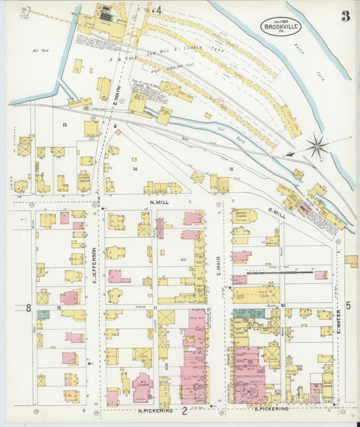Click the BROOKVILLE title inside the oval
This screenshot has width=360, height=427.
click(280, 27)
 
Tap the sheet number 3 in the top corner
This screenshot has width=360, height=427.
click(345, 16)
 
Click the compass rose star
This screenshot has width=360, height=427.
click(317, 146)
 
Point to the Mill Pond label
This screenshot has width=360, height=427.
click(38, 49)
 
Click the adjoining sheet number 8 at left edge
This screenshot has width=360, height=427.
click(28, 308)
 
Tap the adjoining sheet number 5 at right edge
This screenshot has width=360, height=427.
click(349, 305)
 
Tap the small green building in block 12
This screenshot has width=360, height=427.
click(43, 314)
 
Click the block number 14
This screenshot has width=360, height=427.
click(135, 169)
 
